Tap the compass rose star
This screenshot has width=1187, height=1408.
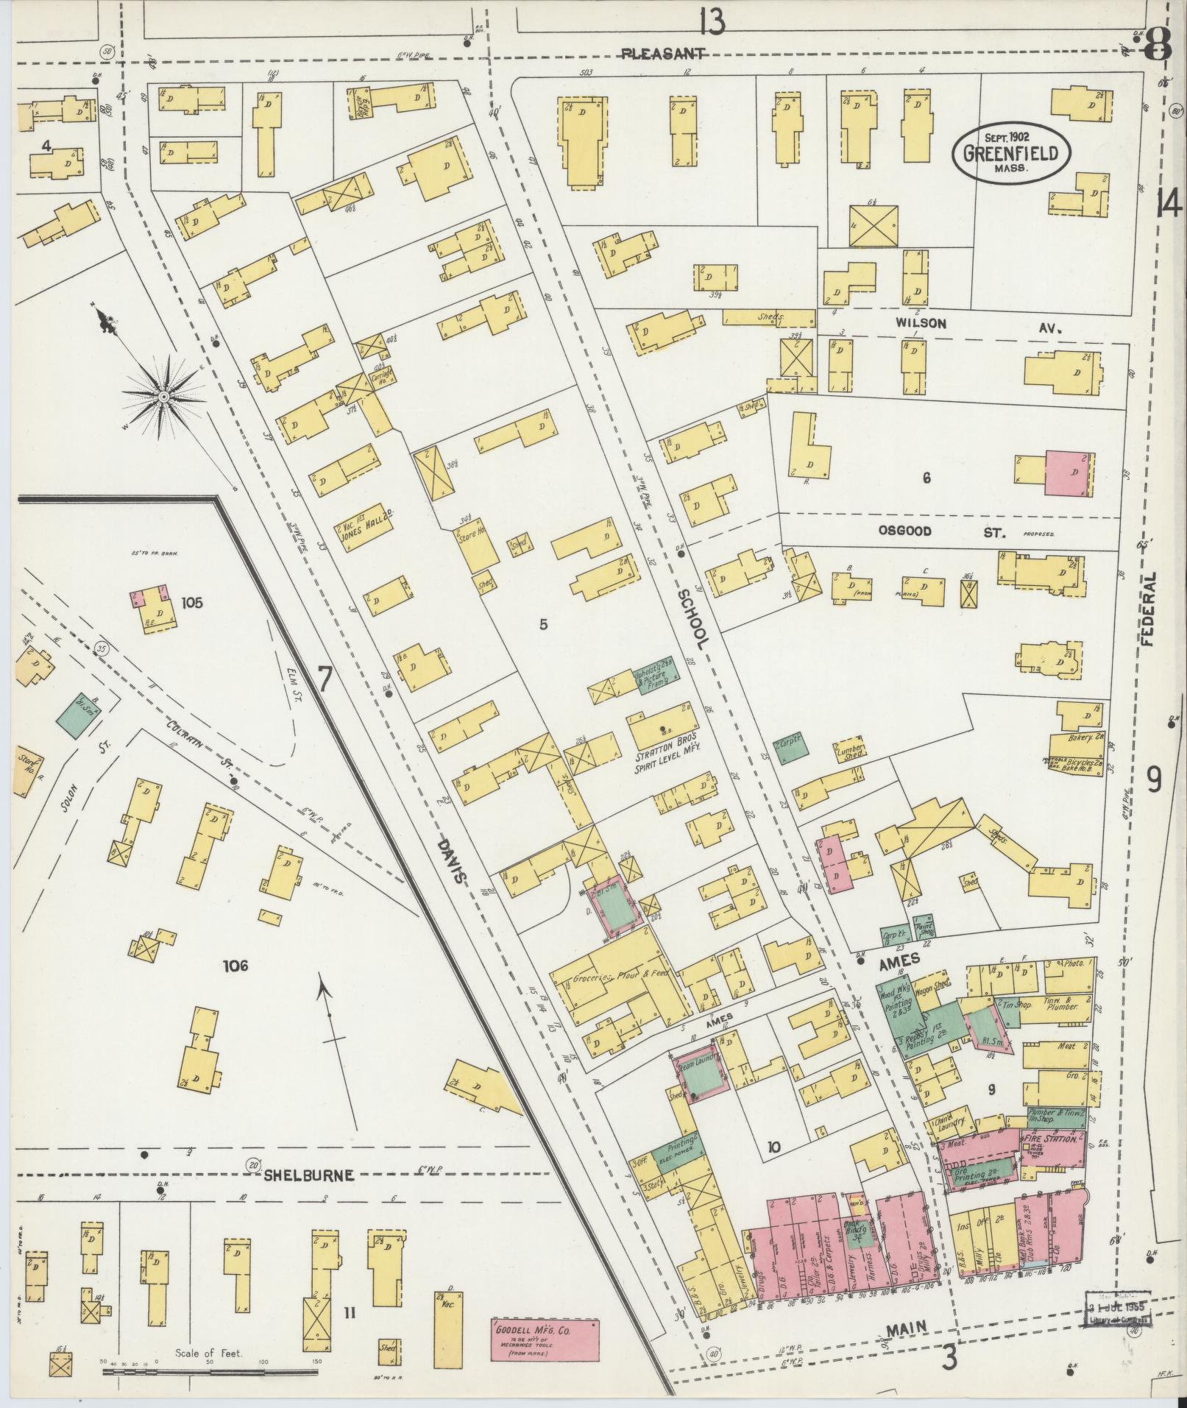163,398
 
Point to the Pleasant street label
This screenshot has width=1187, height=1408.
664,54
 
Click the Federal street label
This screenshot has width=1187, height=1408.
1149,609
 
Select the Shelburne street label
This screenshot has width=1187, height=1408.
308,1176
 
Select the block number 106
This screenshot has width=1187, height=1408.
236,966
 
